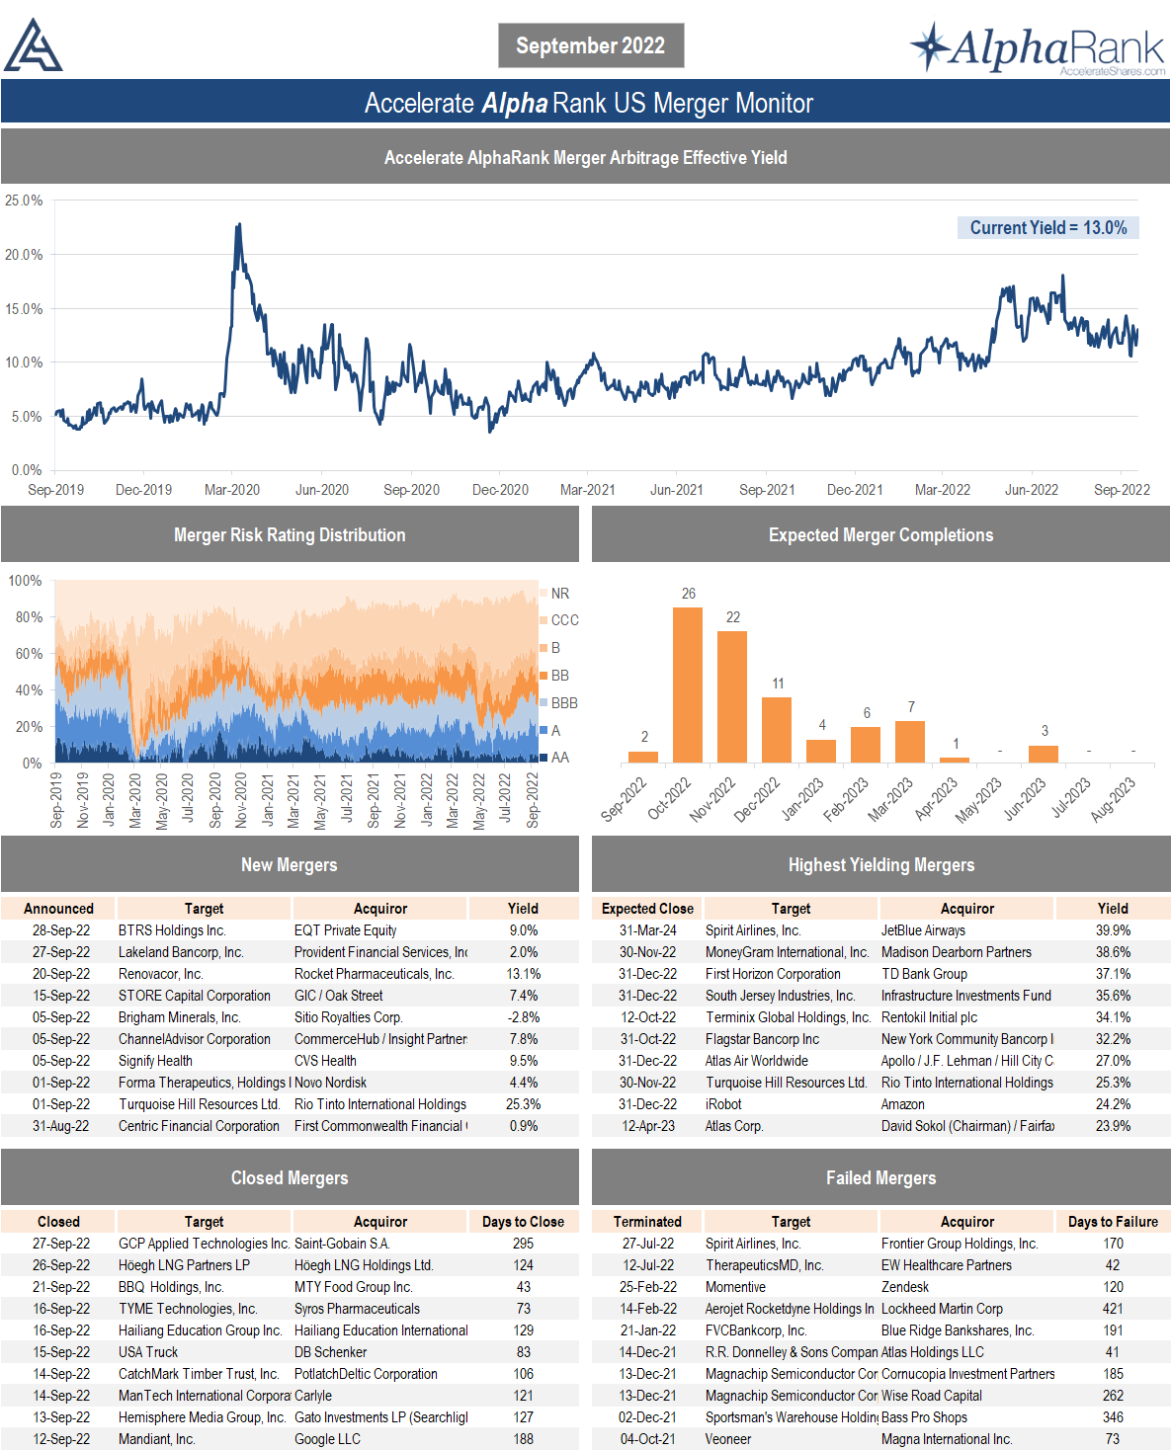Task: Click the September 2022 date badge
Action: point(590,45)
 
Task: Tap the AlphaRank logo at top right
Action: point(1038,48)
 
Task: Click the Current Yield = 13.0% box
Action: point(1047,228)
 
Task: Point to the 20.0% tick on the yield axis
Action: point(24,255)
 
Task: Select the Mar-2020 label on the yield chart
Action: point(232,490)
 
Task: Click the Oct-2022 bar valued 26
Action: point(688,685)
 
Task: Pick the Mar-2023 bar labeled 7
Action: point(910,741)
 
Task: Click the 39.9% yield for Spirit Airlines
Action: point(1113,930)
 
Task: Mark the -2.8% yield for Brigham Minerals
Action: point(523,1017)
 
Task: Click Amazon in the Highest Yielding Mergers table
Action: point(903,1104)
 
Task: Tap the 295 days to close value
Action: point(523,1244)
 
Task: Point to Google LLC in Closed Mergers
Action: point(327,1439)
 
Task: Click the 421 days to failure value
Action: point(1113,1309)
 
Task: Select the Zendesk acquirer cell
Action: point(905,1287)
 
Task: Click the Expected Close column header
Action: point(647,909)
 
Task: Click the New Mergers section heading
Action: point(290,865)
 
